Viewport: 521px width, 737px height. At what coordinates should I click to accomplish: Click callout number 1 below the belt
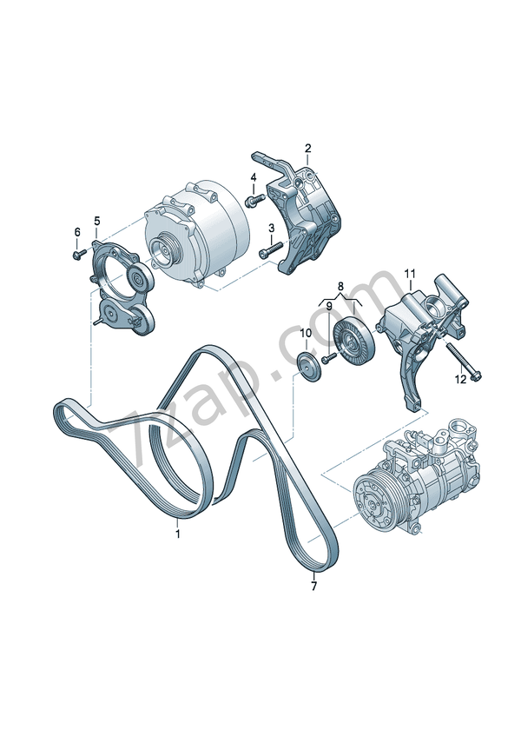178,534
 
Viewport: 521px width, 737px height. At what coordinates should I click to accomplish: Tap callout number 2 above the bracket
307,149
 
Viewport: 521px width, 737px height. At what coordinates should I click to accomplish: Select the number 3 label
271,229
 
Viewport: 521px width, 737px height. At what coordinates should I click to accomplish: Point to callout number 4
254,177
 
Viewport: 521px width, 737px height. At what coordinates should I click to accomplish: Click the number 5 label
96,221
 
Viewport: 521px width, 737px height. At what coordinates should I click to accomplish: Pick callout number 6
77,232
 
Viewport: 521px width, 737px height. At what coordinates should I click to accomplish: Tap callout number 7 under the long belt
313,586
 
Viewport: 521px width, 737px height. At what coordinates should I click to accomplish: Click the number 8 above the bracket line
340,286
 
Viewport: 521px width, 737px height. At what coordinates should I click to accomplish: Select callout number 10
306,333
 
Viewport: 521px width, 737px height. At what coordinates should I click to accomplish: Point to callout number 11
410,273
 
